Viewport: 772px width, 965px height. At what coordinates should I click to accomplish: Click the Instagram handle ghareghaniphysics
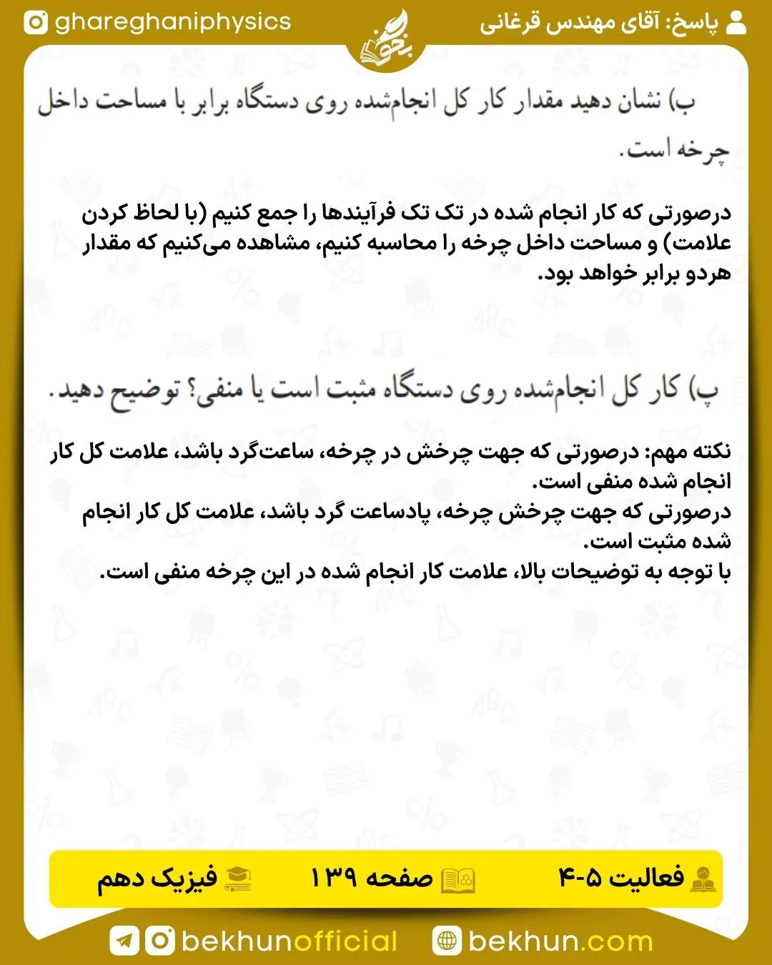click(173, 22)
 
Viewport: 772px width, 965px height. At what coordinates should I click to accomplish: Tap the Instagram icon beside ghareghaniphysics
click(36, 23)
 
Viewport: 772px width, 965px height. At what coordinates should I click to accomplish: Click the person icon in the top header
click(736, 23)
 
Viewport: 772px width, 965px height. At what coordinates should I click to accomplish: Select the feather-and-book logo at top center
click(385, 41)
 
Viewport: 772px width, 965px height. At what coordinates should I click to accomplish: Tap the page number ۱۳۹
click(333, 878)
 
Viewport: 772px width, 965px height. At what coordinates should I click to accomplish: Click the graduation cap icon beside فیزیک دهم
click(237, 879)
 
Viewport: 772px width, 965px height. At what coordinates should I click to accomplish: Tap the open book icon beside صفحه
click(457, 879)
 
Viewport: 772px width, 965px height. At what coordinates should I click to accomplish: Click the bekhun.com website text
click(560, 941)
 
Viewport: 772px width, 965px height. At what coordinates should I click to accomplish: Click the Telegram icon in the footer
click(124, 941)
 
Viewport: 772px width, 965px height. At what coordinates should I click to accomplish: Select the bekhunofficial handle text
click(289, 941)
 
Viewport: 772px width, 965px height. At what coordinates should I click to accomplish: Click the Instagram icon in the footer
click(160, 941)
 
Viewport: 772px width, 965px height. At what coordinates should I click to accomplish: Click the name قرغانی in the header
click(510, 24)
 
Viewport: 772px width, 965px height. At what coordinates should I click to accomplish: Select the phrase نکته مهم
click(688, 452)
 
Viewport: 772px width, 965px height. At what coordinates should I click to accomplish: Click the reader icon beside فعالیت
click(703, 879)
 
